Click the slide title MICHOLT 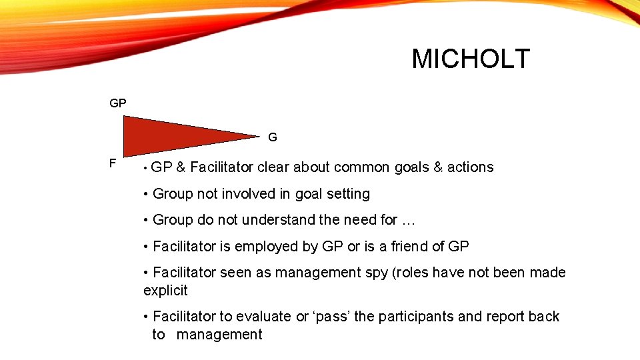point(471,59)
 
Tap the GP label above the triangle point(118,104)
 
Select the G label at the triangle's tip point(273,138)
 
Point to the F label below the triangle point(113,163)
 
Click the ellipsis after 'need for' point(408,220)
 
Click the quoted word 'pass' point(331,317)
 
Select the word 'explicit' point(166,291)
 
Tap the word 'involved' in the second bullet point(254,194)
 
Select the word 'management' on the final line point(219,335)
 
